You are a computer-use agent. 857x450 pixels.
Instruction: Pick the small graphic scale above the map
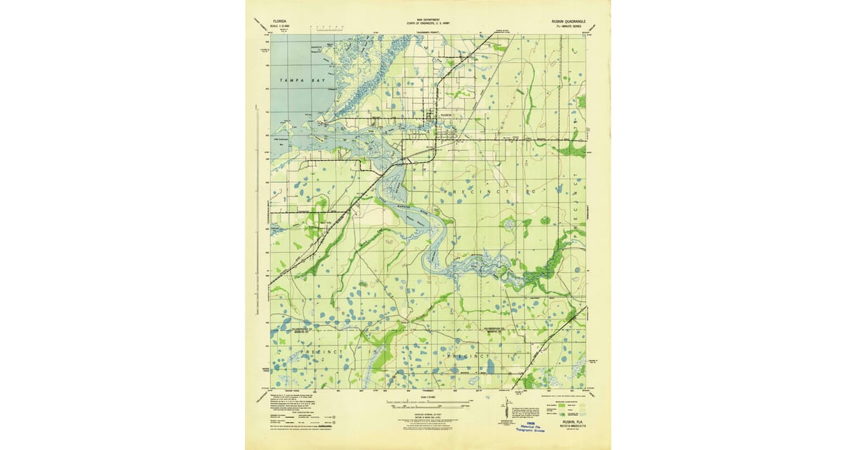pyautogui.click(x=330, y=29)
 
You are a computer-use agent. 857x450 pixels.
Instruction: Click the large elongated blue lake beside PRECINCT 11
pyautogui.click(x=490, y=366)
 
